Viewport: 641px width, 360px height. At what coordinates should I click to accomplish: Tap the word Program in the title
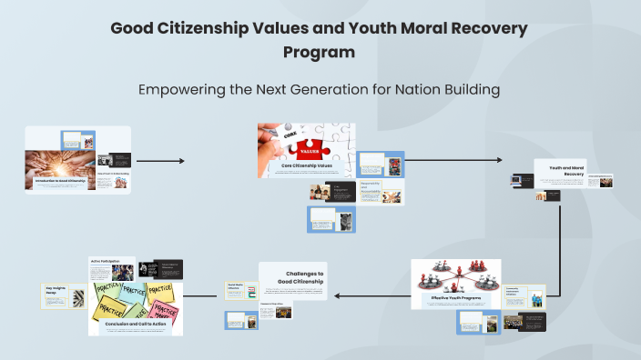319,52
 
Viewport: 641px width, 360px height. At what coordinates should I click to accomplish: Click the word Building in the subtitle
468,90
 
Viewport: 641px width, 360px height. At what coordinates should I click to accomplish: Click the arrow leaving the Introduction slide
159,161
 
